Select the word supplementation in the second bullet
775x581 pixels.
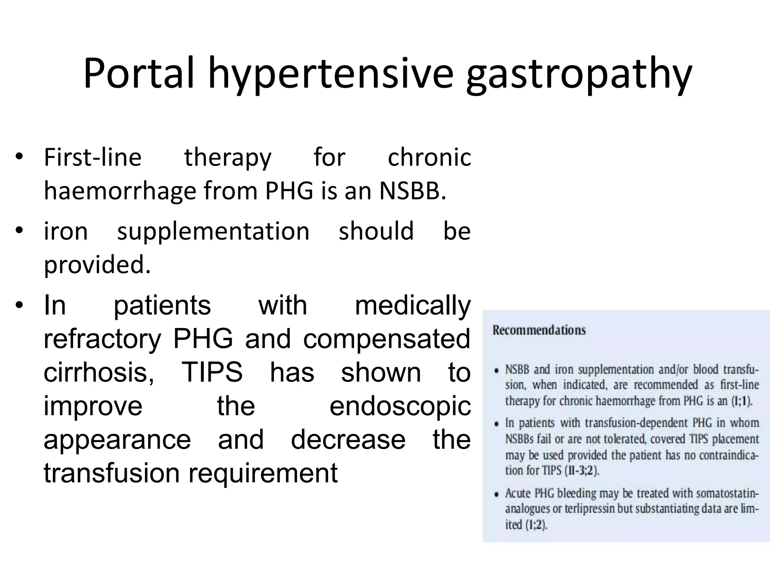pos(213,231)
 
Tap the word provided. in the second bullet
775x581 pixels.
pos(97,264)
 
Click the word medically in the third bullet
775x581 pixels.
pos(412,306)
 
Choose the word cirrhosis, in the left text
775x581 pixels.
pos(99,372)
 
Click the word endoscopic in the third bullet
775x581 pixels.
pos(400,406)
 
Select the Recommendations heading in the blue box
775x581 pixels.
pos(539,330)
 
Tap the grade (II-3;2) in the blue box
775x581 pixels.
pos(582,471)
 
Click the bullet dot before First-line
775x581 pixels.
pos(19,157)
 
